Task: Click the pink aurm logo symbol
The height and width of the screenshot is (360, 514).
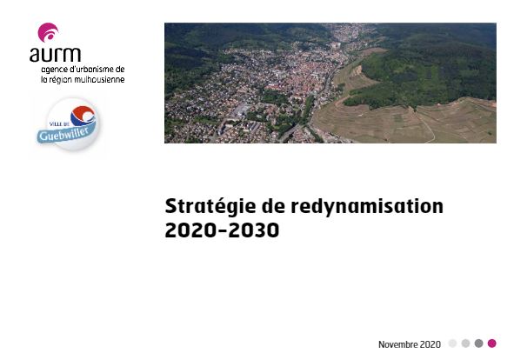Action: point(48,32)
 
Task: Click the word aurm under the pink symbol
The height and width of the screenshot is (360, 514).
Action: point(55,55)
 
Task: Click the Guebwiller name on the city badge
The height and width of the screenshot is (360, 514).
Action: point(63,134)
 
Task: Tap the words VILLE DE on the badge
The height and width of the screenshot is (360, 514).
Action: point(59,124)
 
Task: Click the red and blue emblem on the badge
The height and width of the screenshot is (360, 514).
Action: point(83,116)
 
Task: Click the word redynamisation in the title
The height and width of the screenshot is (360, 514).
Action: point(367,207)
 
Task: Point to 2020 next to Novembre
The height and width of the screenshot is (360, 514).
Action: point(431,344)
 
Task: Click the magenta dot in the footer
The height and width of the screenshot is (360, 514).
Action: point(491,343)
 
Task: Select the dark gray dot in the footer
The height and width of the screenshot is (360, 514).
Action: point(479,343)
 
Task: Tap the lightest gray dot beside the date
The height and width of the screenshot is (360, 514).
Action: point(453,343)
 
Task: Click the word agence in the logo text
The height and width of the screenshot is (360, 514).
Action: point(52,70)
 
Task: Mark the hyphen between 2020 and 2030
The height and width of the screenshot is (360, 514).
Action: point(222,231)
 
